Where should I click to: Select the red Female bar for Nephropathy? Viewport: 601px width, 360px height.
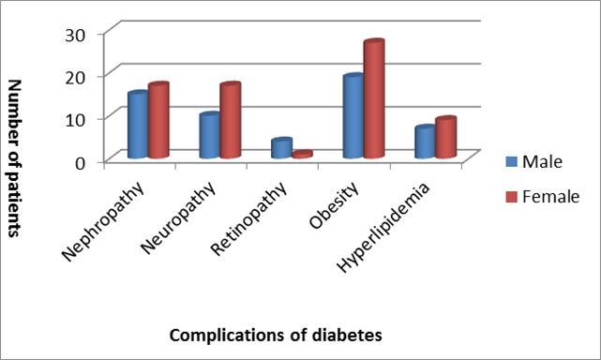(157, 121)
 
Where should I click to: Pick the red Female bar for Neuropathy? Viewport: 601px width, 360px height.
(229, 121)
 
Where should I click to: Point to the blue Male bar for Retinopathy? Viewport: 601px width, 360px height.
(281, 148)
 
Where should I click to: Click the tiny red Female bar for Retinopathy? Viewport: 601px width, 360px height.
(301, 154)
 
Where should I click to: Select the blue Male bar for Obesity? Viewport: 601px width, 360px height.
(353, 116)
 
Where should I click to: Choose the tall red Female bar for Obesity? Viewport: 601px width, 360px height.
(373, 99)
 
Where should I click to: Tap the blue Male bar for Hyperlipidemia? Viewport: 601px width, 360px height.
(425, 142)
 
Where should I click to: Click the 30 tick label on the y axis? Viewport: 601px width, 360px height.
(74, 34)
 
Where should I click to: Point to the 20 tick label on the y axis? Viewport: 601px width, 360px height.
(74, 76)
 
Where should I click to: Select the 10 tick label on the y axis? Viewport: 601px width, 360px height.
(74, 119)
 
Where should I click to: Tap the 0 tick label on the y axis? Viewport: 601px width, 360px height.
(80, 161)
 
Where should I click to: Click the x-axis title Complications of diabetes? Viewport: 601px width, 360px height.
(276, 334)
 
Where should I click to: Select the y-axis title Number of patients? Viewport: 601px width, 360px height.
(15, 157)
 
